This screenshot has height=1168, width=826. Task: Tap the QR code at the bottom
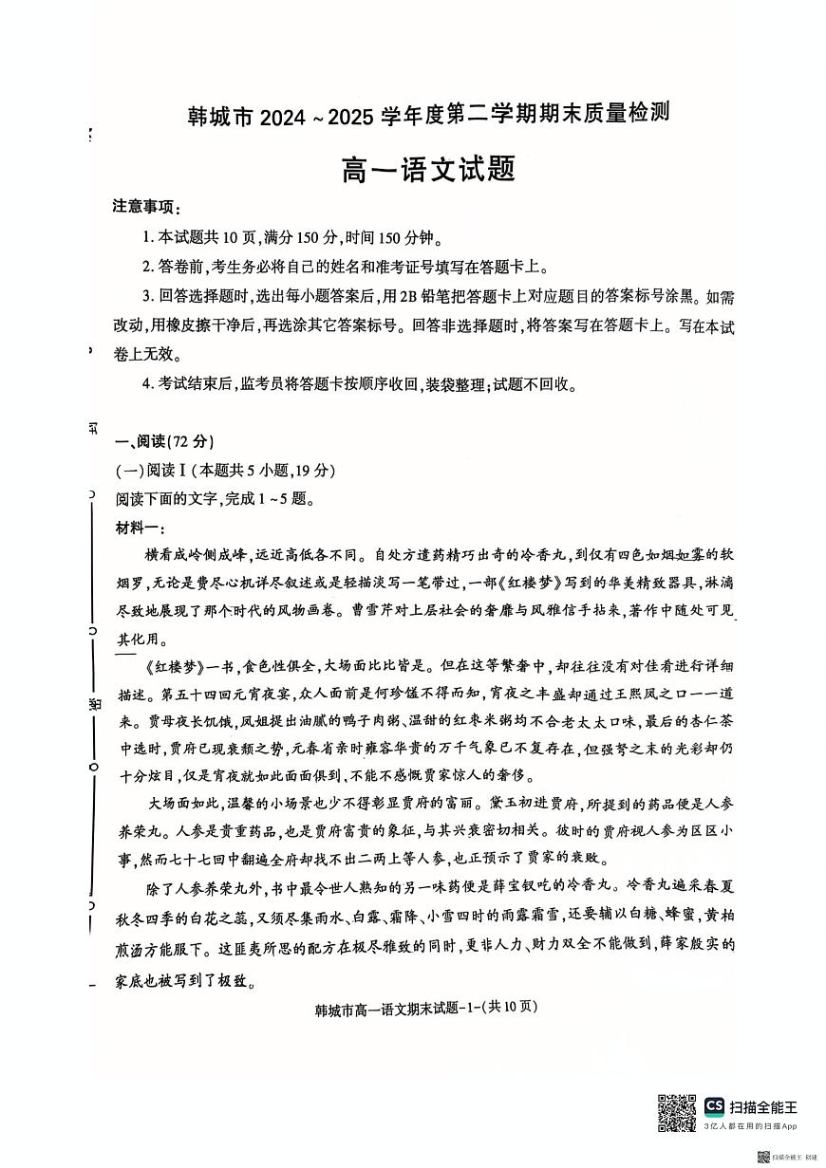point(677,1112)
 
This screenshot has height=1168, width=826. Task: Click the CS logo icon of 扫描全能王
point(714,1106)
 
